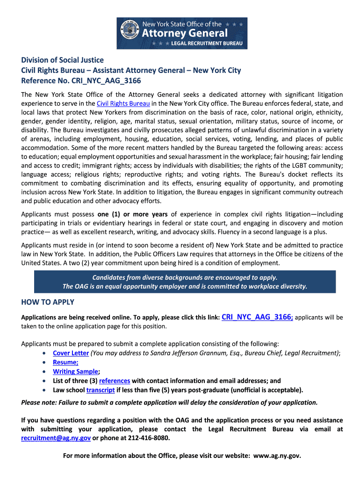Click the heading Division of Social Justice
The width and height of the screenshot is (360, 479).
click(x=62, y=60)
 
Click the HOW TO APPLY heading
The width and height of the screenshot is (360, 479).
click(x=48, y=302)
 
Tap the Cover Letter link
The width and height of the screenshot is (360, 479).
click(x=71, y=353)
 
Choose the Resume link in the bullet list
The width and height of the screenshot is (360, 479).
click(x=65, y=362)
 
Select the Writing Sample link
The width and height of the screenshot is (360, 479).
click(x=75, y=371)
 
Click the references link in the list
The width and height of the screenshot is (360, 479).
click(x=115, y=381)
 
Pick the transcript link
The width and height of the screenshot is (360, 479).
click(x=101, y=390)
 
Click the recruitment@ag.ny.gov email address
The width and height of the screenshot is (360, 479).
click(x=56, y=438)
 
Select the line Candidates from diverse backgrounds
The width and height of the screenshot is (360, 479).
click(x=185, y=277)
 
